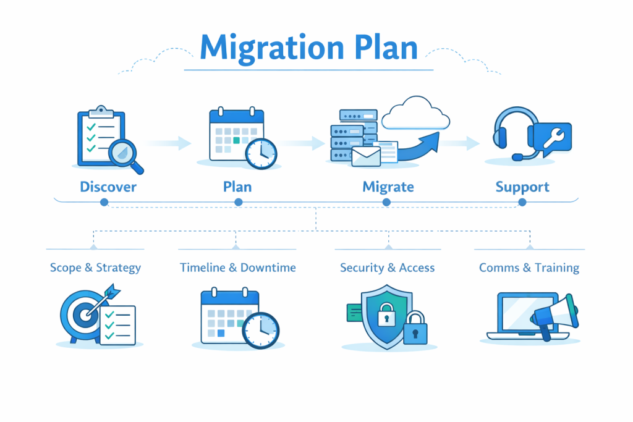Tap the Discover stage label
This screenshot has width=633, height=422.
pos(108,187)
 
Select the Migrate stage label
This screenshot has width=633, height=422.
pos(388,187)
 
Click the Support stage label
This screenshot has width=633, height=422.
pos(522,187)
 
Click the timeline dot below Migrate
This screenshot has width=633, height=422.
pos(387,203)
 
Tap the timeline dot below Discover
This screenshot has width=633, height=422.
pos(104,203)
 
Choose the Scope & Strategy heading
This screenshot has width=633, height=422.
pos(95,268)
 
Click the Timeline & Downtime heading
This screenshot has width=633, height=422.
pos(237,268)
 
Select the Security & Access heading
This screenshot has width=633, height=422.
pos(387,268)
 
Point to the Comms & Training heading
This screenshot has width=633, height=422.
pos(529,268)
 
